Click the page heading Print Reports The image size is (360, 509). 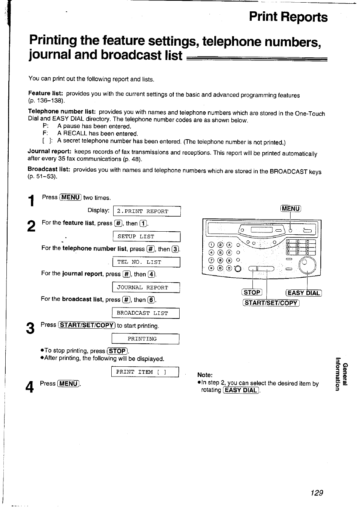pos(288,17)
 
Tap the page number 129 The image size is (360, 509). pos(317,493)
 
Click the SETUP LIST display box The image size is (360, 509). pos(146,237)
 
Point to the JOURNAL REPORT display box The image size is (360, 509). pos(146,288)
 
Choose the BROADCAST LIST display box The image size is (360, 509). pos(146,313)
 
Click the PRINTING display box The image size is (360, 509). pos(146,339)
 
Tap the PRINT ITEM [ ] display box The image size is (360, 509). pos(145,372)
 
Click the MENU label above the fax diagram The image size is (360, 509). pos(290,209)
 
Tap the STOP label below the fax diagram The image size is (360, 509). pos(252,292)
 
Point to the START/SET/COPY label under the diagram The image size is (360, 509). pos(271,303)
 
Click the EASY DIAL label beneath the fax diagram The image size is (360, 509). pos(304,293)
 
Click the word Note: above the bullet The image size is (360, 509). pos(205,375)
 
